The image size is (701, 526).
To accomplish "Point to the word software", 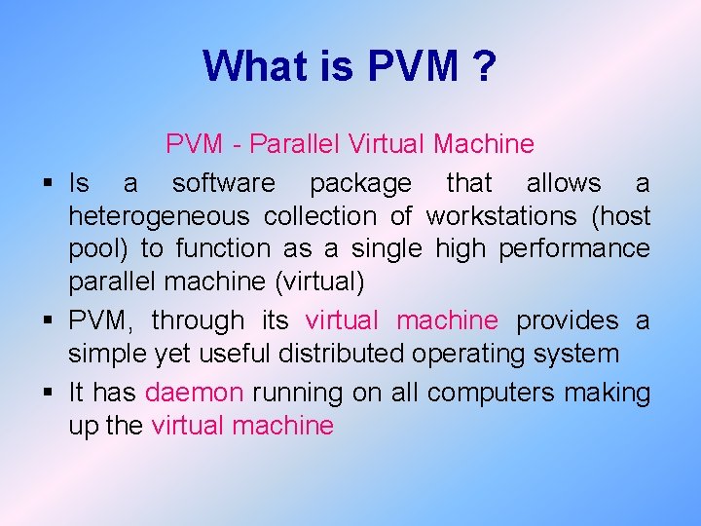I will coord(224,183).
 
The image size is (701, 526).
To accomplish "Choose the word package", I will coord(360,183).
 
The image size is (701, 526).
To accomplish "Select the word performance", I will coord(573,248).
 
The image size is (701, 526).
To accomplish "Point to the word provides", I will coord(567,320).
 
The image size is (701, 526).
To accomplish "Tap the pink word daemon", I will coord(194,393).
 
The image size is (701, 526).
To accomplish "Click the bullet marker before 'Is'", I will coord(47,183).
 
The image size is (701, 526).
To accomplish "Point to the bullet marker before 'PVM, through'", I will coord(47,320).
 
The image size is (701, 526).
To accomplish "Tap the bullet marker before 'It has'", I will coord(47,393).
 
